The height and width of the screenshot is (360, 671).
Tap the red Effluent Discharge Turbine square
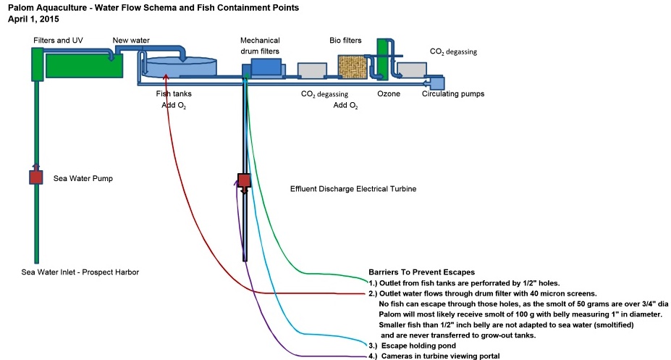(x=244, y=180)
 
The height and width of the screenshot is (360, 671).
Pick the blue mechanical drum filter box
(x=267, y=67)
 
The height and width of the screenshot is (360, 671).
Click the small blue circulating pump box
(x=437, y=83)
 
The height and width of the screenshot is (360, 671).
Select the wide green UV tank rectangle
(x=83, y=66)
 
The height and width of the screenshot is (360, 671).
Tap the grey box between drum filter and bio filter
(x=312, y=70)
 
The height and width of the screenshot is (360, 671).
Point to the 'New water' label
(x=131, y=40)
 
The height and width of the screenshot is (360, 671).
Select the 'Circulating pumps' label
(x=453, y=93)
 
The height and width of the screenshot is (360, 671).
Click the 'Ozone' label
(x=389, y=93)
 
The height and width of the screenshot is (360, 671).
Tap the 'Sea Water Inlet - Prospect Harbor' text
(x=80, y=272)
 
